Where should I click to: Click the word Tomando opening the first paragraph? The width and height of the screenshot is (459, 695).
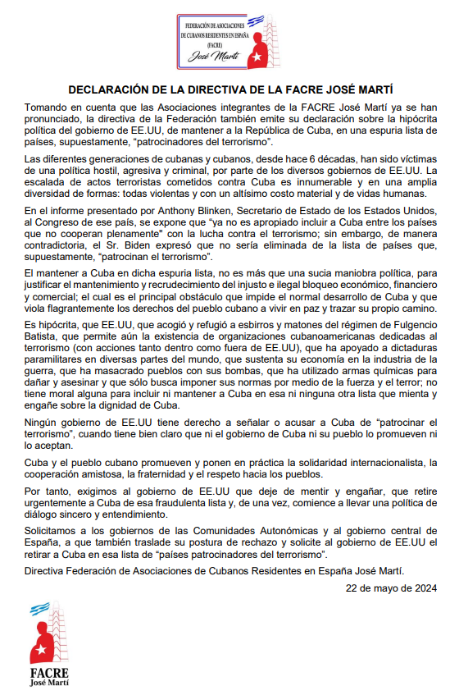tap(48, 107)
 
